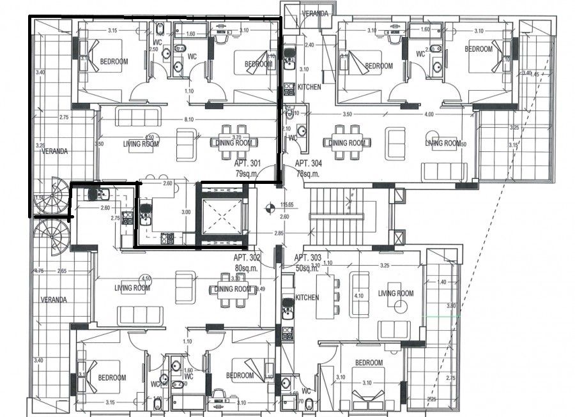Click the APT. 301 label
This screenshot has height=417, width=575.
point(248,163)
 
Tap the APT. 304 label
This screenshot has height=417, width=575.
point(309,163)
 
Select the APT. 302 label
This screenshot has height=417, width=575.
point(247,258)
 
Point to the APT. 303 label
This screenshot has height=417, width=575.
point(309,258)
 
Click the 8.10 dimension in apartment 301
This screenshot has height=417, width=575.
point(188,119)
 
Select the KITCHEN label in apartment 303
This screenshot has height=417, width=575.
point(307,298)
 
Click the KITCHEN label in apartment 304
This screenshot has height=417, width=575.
point(309,87)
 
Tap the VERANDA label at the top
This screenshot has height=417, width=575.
point(316,13)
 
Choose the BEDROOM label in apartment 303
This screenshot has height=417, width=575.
point(369,363)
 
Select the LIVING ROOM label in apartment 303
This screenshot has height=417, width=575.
point(397,293)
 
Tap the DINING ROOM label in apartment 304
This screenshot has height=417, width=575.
point(347,142)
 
